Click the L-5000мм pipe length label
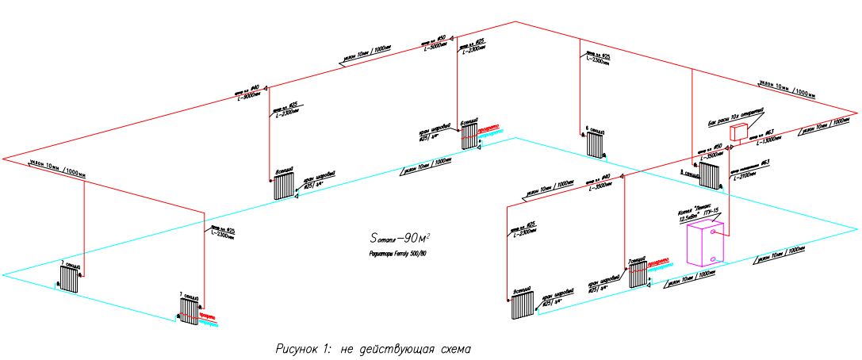[x=437, y=45]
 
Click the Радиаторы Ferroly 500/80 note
[x=403, y=253]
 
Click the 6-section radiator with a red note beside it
[x=469, y=137]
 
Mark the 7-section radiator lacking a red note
[x=69, y=279]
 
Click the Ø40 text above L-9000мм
[x=255, y=87]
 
